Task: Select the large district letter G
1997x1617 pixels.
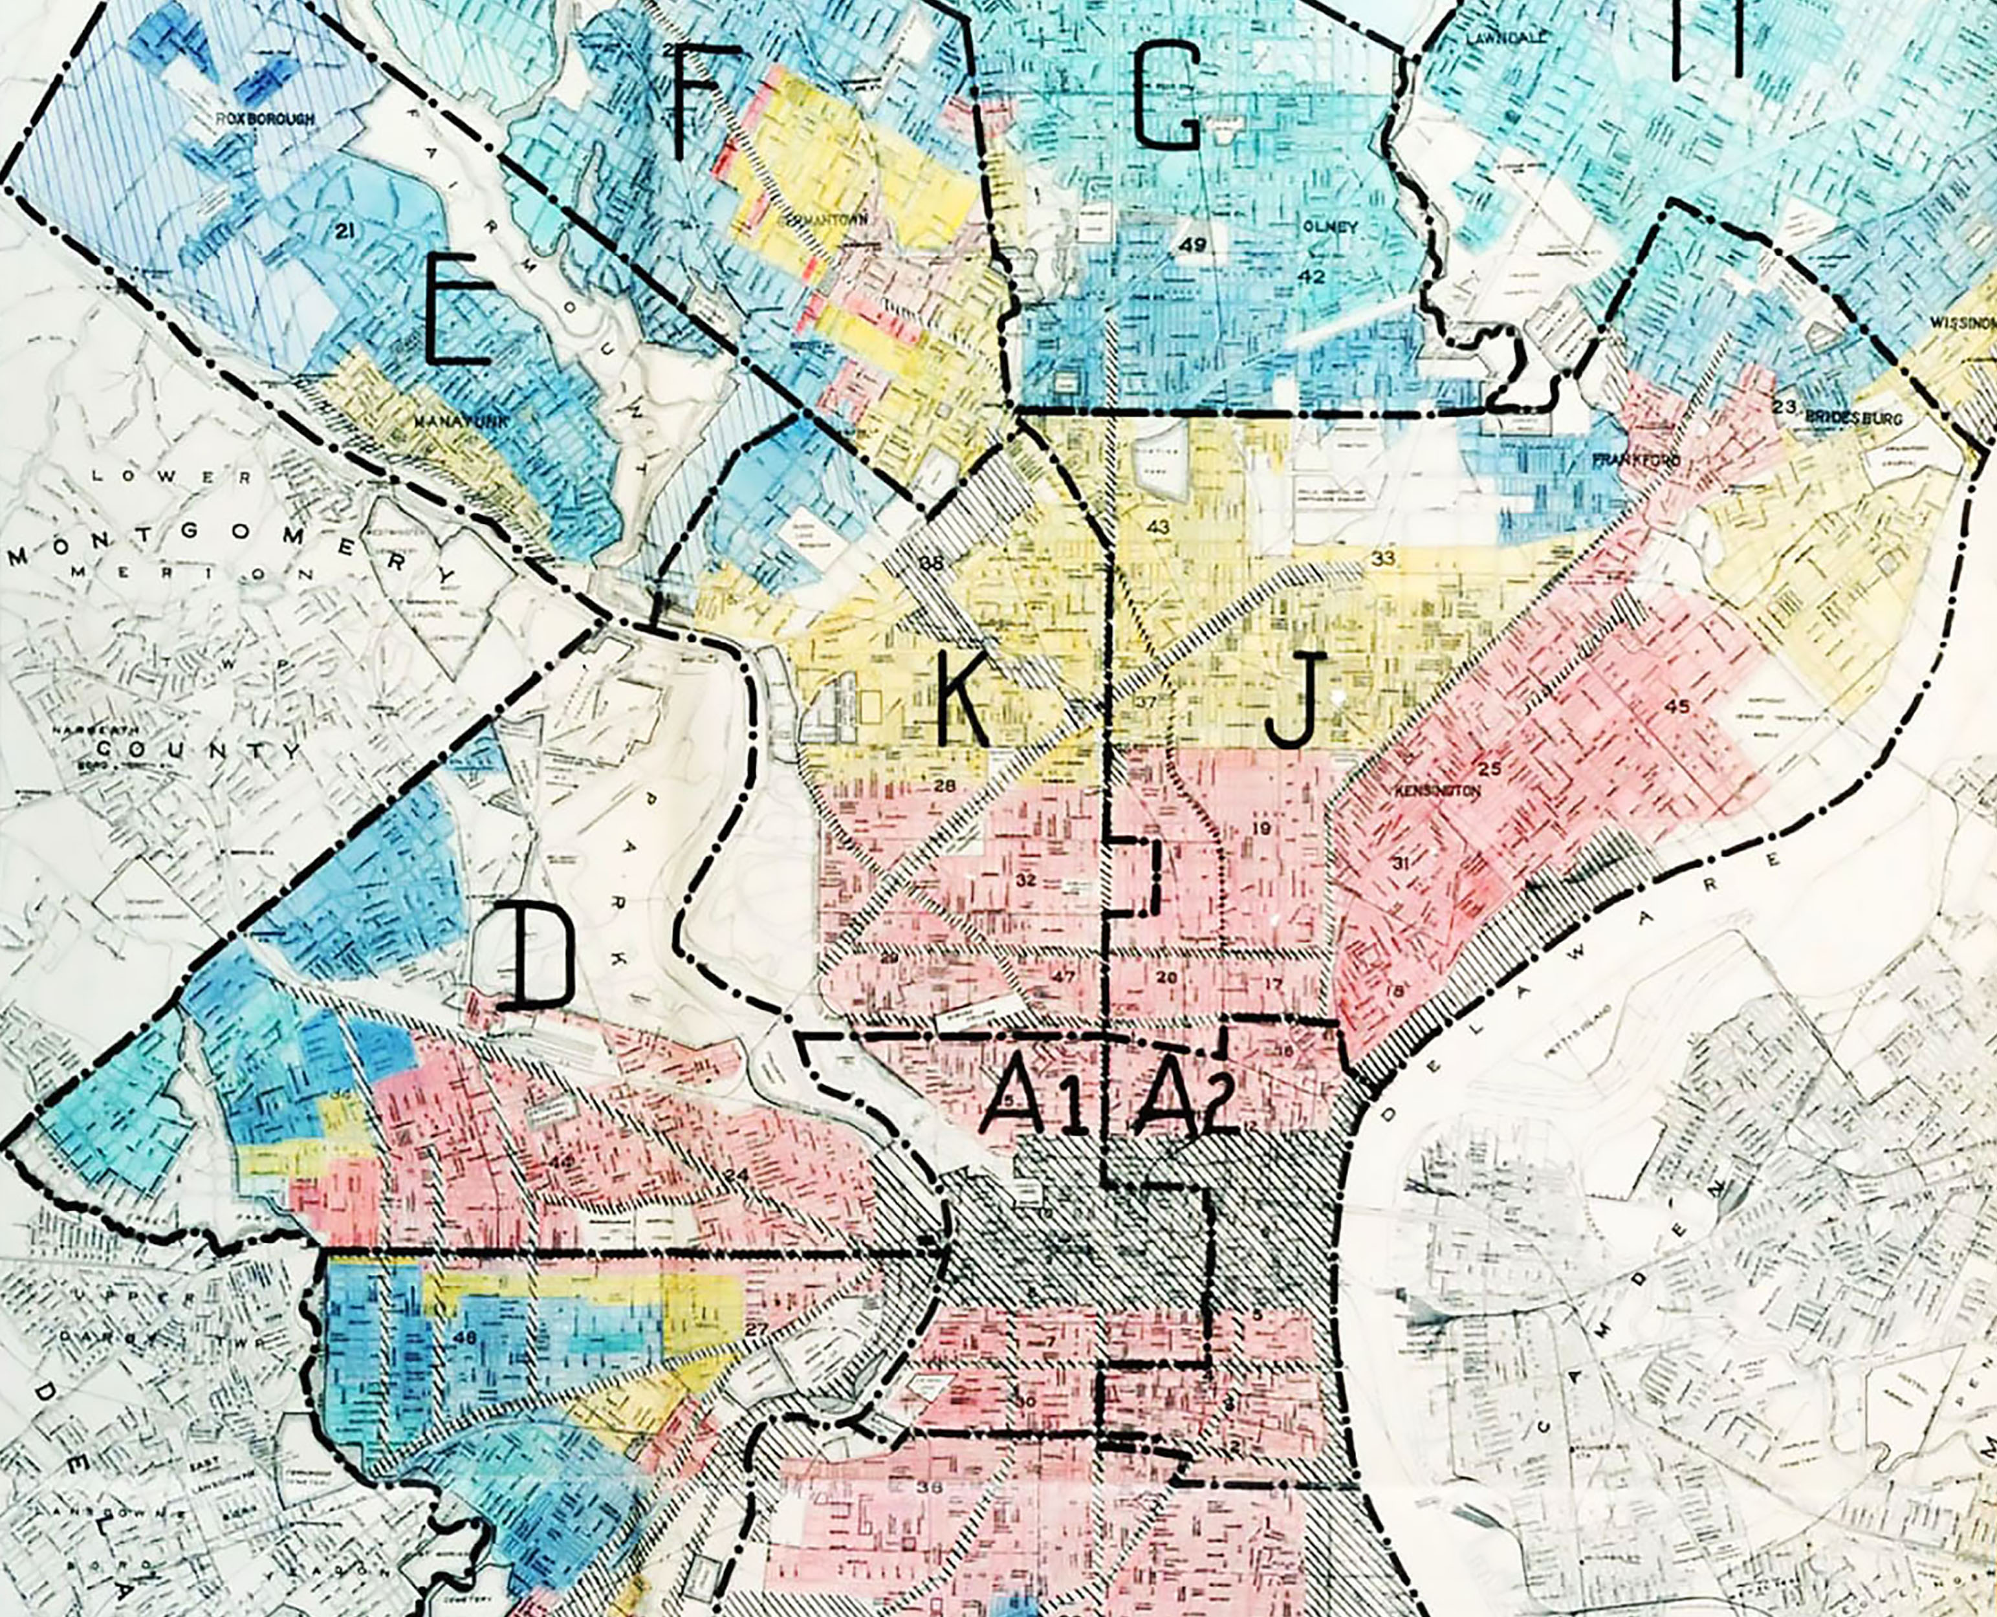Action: pyautogui.click(x=1167, y=98)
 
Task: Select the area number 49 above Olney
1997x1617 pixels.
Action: pyautogui.click(x=1192, y=246)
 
